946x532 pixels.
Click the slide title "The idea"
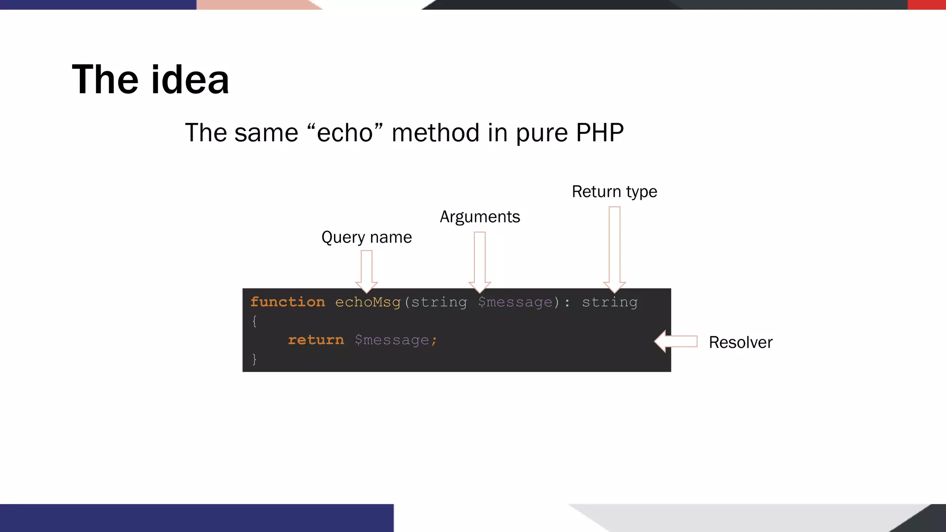[151, 79]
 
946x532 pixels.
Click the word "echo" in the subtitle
[345, 133]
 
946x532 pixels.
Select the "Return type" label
[614, 192]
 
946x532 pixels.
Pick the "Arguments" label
[479, 217]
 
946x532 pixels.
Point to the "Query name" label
[366, 237]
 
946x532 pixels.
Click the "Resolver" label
[740, 342]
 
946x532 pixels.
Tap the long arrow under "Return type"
[614, 249]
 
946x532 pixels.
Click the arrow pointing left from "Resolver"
[676, 341]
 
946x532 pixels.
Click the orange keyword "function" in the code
[287, 302]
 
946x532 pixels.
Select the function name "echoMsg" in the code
[368, 302]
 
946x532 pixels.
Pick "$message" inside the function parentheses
[515, 302]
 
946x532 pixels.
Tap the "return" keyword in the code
[316, 340]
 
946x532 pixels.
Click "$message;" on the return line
[395, 340]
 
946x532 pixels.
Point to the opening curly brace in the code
[255, 321]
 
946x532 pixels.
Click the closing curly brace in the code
[255, 359]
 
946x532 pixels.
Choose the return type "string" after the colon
[609, 302]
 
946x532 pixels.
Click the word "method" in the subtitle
[434, 133]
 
